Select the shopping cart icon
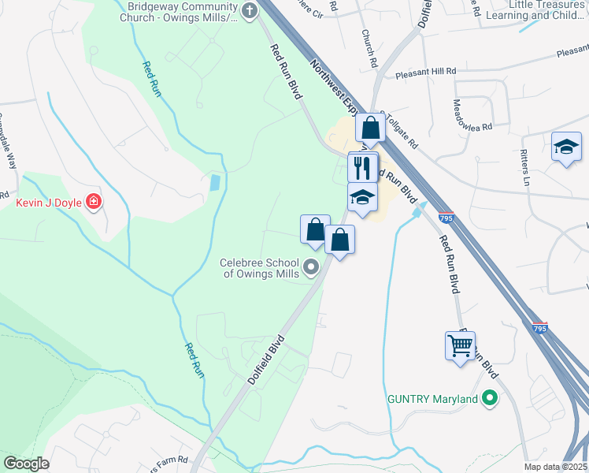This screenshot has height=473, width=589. (460, 344)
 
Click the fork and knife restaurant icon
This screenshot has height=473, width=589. (362, 166)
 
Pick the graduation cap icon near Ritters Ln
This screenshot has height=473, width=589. (566, 147)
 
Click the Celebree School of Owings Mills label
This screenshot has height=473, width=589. (260, 268)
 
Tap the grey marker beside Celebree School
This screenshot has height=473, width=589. (310, 268)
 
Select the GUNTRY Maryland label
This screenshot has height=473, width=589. (433, 399)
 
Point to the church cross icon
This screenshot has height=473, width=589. (250, 11)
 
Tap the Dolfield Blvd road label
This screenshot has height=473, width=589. (265, 361)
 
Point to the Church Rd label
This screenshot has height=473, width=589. (367, 48)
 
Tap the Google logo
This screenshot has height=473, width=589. (26, 464)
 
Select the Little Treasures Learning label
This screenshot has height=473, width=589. (548, 9)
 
